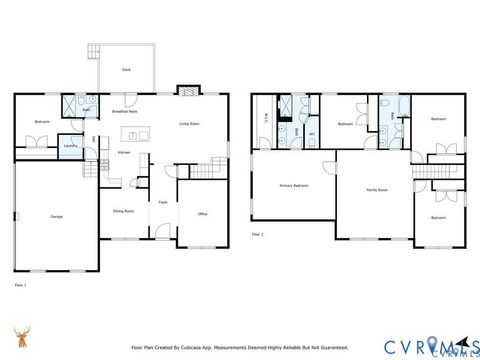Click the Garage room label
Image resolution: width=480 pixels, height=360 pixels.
pos(57,217)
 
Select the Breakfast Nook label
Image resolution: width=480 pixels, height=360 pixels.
pos(124,112)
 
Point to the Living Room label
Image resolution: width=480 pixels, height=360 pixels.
pos(190,124)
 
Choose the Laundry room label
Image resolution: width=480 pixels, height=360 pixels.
pos(70,147)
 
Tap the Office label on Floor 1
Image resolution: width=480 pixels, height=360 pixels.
pos(202,213)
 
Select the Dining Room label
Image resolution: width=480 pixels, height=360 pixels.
pos(124,210)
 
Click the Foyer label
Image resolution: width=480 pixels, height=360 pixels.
pos(162,202)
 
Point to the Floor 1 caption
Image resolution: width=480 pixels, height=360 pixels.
pos(21,285)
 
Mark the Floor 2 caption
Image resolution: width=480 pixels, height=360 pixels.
pos(258,235)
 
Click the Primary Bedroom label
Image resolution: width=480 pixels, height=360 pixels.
pos(293,186)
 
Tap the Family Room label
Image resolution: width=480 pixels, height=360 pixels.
pos(376,189)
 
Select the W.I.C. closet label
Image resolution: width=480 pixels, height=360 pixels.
pos(266,121)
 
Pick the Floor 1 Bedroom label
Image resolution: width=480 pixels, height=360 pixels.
pos(41,121)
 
